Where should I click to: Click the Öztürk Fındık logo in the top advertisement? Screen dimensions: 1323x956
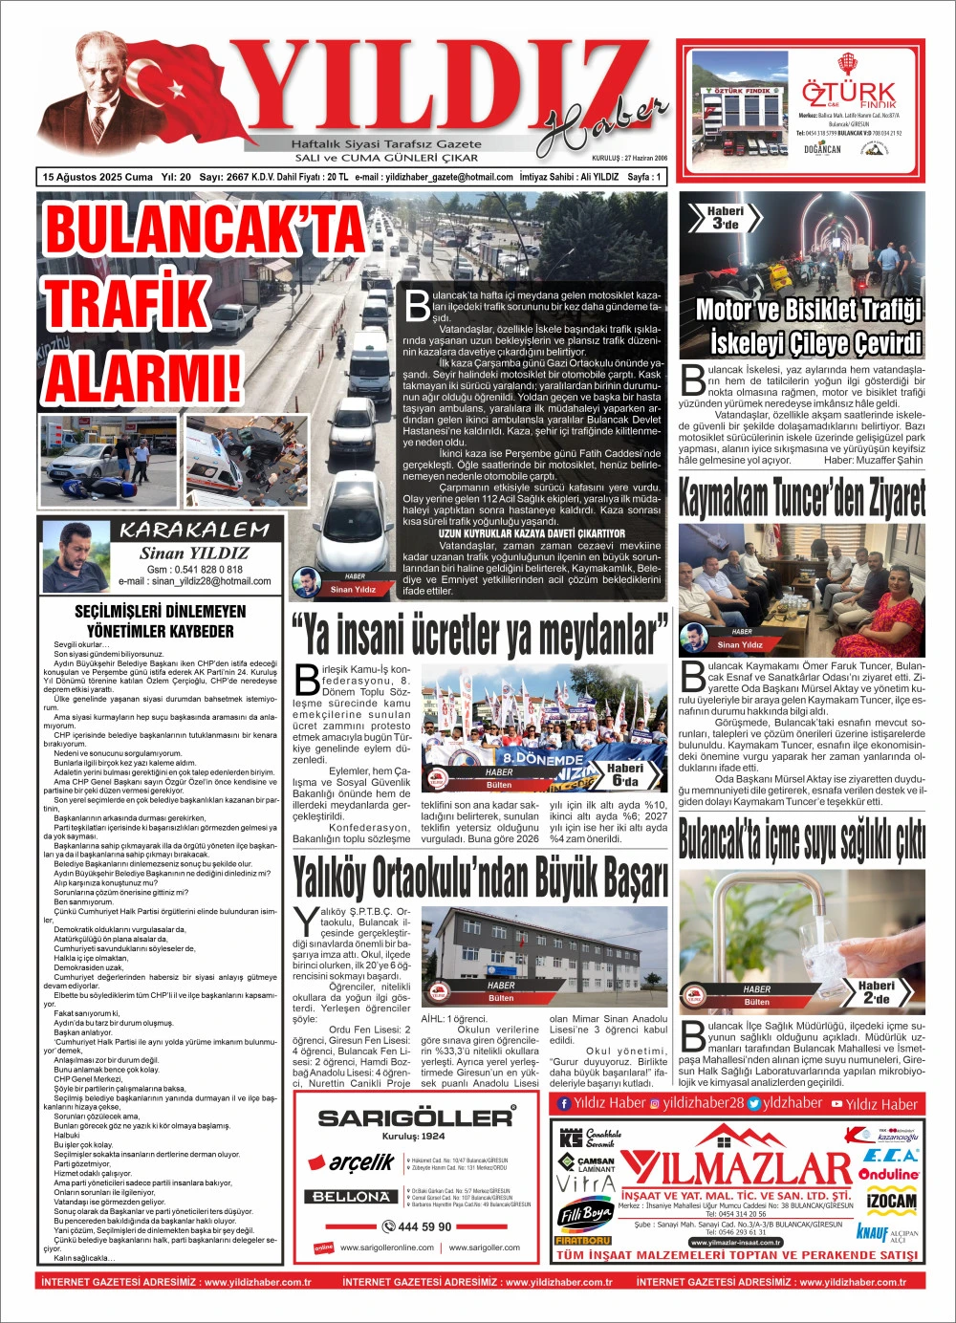849,94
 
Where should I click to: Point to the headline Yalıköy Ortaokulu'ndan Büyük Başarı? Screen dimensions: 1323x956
480,878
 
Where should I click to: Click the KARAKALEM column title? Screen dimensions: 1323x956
195,531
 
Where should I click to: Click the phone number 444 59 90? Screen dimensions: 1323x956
418,1226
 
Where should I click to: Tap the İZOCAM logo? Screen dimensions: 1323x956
890,1201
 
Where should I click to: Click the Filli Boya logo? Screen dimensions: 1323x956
584,1215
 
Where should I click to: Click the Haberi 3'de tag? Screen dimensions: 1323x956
725,218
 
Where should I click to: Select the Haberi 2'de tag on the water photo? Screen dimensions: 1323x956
876,991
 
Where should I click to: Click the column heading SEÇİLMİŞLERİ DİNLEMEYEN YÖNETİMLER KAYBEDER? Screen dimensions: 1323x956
161,620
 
